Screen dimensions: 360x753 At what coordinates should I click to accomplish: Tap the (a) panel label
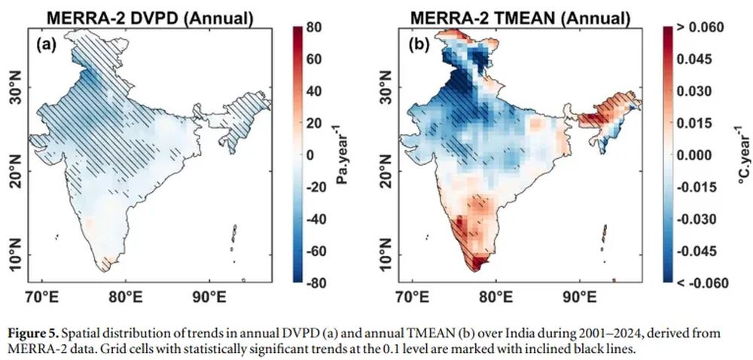point(47,45)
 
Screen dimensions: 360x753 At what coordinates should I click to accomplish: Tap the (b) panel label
point(418,45)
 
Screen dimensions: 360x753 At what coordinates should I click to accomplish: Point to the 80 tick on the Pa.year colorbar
point(316,29)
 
